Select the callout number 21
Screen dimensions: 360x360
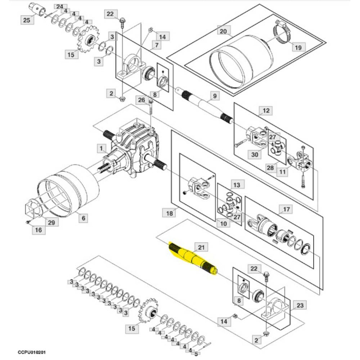pyautogui.click(x=201, y=248)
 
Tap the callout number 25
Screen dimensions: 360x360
pyautogui.click(x=27, y=20)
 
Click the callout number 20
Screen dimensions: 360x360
pyautogui.click(x=223, y=31)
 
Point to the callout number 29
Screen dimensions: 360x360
pyautogui.click(x=51, y=222)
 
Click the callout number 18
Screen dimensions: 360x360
pyautogui.click(x=170, y=212)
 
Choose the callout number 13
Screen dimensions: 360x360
pyautogui.click(x=236, y=184)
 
